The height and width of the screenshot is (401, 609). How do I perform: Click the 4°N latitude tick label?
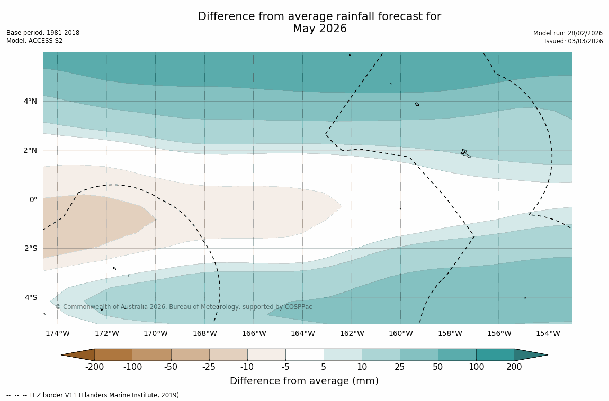click(30, 101)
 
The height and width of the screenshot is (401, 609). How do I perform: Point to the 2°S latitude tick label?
click(30, 248)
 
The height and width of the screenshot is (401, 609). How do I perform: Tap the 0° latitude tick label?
click(33, 199)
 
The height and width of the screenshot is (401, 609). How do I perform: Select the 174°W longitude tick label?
click(57, 333)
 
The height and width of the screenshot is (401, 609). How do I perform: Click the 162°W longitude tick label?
click(352, 333)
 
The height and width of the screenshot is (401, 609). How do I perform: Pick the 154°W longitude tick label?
click(548, 333)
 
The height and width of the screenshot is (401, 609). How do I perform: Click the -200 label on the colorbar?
click(94, 367)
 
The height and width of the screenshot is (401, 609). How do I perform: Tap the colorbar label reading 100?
click(476, 367)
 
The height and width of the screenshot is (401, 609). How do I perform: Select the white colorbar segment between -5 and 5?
click(304, 354)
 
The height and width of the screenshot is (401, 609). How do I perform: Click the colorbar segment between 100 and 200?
click(495, 354)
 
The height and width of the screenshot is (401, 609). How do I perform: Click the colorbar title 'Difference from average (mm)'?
click(304, 381)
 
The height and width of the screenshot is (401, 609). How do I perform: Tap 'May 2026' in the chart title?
click(319, 29)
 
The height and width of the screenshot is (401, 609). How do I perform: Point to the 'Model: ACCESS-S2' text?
click(34, 41)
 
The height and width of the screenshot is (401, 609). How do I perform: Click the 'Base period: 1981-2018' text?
click(43, 33)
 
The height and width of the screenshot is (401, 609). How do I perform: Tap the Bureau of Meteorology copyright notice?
click(184, 307)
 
